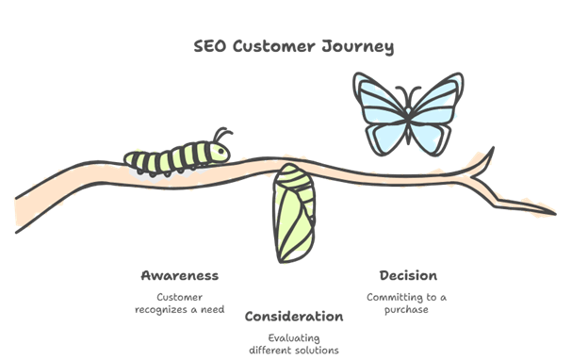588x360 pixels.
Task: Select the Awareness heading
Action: (179, 276)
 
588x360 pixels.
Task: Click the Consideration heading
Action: (293, 315)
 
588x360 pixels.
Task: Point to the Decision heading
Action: (407, 276)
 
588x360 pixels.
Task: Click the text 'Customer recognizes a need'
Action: (178, 303)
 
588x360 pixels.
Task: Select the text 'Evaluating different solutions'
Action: (293, 343)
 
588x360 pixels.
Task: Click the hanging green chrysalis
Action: (292, 215)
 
